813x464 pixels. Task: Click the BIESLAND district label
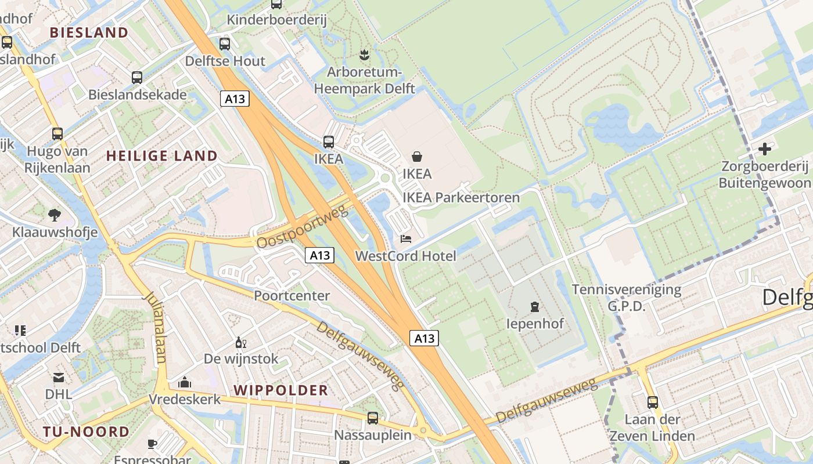point(89,32)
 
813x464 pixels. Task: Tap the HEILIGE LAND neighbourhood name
point(162,156)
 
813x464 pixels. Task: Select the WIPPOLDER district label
point(281,390)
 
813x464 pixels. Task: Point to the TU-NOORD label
point(86,432)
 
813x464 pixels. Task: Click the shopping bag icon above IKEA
point(417,156)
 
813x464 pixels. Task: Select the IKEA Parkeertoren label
point(461,198)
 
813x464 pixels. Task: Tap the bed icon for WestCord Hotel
point(406,238)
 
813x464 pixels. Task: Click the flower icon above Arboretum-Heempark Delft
point(364,55)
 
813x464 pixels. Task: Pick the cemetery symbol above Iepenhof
point(535,306)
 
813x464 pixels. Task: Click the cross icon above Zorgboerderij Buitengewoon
point(764,149)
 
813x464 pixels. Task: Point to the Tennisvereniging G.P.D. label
point(626,298)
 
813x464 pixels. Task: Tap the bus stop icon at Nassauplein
point(373,418)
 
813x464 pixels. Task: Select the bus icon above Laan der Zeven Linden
point(653,402)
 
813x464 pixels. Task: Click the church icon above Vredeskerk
point(185,382)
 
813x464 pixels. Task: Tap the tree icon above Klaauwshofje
point(55,215)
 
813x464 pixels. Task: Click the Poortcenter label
point(292,296)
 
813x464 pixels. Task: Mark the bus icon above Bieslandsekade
point(137,77)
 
